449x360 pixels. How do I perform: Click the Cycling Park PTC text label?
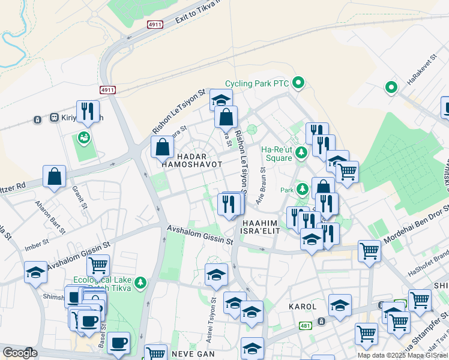257,83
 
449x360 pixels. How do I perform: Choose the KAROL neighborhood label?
302,306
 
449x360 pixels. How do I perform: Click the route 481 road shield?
305,325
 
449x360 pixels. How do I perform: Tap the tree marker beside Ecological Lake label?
140,282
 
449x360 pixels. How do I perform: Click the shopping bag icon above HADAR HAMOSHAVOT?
163,147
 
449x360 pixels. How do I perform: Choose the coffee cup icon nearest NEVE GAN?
118,342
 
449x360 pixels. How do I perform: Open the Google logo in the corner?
20,353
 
